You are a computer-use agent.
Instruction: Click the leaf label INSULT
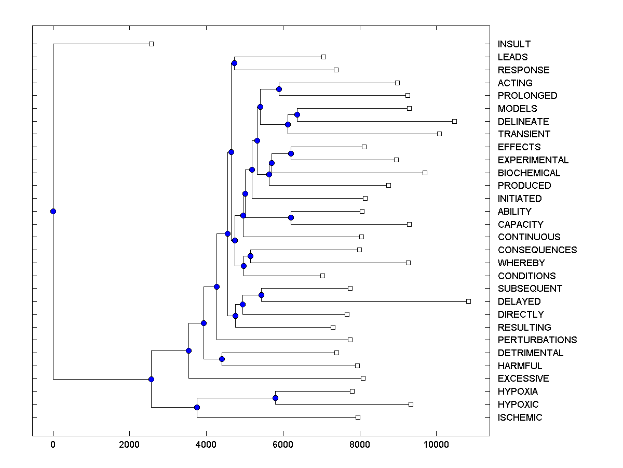coord(514,44)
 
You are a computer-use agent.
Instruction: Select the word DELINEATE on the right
coord(523,121)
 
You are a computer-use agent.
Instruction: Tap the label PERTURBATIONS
coord(537,340)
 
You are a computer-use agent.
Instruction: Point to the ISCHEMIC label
coord(520,417)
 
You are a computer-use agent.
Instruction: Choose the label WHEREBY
coord(521,263)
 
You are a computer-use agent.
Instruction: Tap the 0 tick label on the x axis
coord(53,444)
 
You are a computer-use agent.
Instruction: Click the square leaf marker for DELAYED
coord(468,301)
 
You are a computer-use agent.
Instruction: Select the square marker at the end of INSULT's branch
coord(151,44)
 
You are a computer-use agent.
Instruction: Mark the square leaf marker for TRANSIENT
coord(439,134)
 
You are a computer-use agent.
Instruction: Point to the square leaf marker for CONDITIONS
coord(322,276)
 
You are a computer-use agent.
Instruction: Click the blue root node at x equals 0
coord(53,211)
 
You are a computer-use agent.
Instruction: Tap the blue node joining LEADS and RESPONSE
coord(234,63)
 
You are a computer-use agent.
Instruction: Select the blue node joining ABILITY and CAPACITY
coord(291,217)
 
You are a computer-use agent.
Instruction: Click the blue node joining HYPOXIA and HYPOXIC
coord(275,398)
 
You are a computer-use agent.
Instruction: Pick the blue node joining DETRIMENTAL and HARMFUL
coord(222,359)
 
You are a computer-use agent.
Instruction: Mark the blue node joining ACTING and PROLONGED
coord(279,89)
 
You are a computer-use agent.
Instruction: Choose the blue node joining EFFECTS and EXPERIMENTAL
coord(291,153)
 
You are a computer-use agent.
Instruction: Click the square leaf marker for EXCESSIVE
coord(363,378)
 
